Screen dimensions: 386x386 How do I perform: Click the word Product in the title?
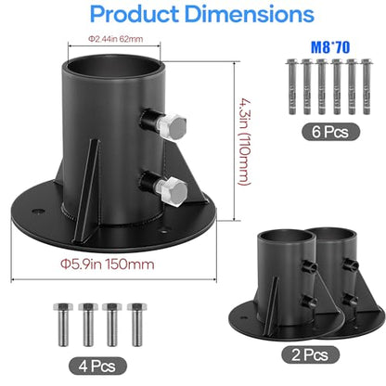tap(135, 14)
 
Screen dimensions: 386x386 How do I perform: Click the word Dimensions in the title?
tap(250, 14)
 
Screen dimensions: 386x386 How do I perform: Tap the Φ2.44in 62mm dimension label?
tap(115, 39)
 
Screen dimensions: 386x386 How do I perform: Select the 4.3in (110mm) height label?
tap(245, 142)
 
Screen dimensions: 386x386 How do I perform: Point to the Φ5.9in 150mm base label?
tap(107, 264)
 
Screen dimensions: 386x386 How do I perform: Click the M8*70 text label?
tap(330, 47)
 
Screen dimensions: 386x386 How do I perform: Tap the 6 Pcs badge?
tap(330, 132)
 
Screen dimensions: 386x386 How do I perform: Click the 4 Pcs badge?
tap(97, 367)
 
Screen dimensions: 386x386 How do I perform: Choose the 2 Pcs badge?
tap(310, 354)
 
